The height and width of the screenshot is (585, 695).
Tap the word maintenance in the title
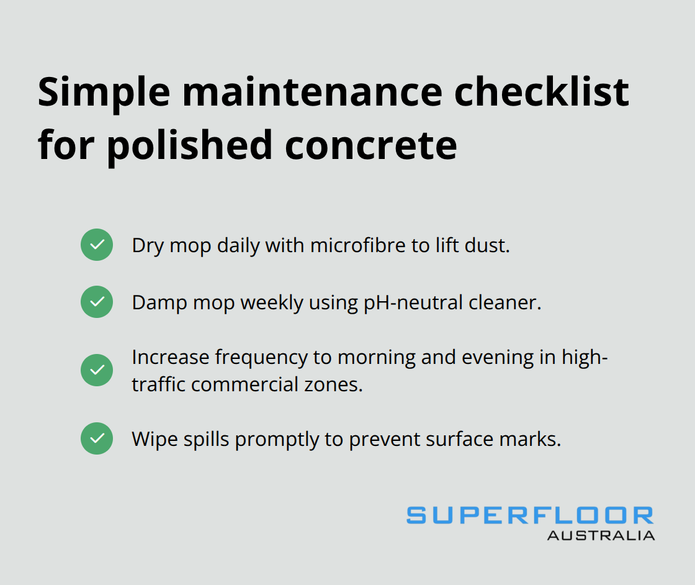click(310, 93)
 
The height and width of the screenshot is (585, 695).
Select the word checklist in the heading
click(543, 93)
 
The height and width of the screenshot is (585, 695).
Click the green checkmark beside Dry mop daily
click(97, 245)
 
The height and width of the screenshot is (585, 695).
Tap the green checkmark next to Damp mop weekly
click(97, 302)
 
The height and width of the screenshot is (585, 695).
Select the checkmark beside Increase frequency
click(97, 370)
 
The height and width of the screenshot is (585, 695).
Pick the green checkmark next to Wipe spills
click(97, 438)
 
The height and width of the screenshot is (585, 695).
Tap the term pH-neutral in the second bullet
click(406, 302)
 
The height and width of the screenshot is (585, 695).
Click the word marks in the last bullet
click(535, 439)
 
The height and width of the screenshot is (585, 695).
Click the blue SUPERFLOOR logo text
click(530, 515)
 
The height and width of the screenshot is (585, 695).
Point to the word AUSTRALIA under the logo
click(601, 535)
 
